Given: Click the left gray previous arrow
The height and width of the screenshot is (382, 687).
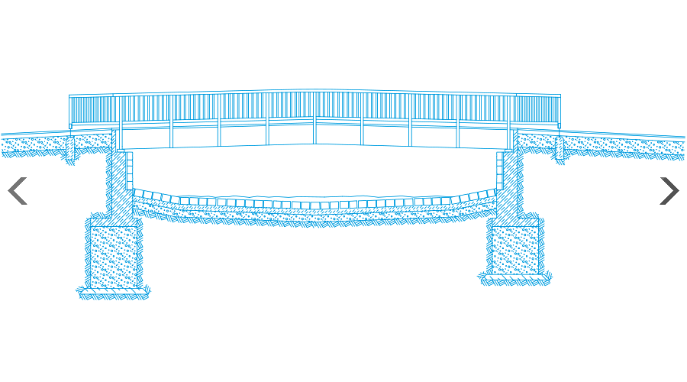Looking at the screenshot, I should (x=18, y=191).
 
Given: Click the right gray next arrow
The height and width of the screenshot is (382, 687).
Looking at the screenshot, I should (x=669, y=191).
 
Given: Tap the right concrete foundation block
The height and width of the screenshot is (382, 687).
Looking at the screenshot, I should (x=514, y=251).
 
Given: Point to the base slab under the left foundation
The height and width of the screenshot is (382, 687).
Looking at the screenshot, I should (x=114, y=293).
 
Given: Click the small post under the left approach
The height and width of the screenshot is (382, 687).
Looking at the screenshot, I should (x=69, y=148).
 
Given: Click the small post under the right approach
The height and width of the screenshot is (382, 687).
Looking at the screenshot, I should (x=560, y=148).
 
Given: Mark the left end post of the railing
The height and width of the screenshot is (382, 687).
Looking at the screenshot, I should (x=71, y=112).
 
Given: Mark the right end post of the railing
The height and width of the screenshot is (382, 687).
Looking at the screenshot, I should (x=559, y=112).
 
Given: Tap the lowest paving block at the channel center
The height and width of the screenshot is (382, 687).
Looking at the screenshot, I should (x=314, y=206).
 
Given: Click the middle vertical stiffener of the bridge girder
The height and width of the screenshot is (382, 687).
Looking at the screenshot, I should (x=314, y=131).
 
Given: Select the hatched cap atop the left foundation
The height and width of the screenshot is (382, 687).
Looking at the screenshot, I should (x=113, y=222).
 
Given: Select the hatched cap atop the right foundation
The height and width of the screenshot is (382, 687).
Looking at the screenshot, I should (x=515, y=222).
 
